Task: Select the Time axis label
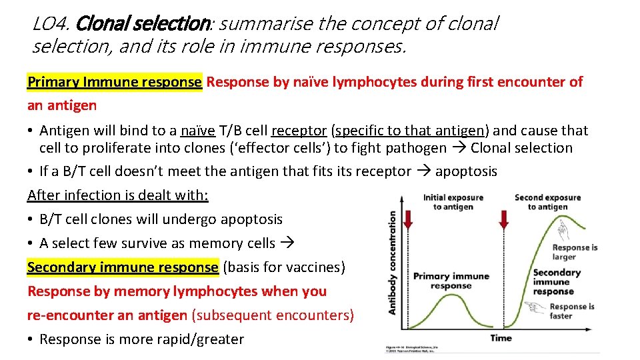click(x=501, y=338)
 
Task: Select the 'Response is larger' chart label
click(x=575, y=251)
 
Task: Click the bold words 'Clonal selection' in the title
click(x=143, y=25)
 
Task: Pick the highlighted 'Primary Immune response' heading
click(x=114, y=82)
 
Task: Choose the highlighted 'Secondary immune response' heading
click(x=123, y=267)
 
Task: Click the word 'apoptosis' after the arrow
click(x=466, y=171)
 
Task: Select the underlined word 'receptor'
click(x=299, y=131)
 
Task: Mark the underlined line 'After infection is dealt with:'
click(x=118, y=195)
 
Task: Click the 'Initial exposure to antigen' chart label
click(x=453, y=202)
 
